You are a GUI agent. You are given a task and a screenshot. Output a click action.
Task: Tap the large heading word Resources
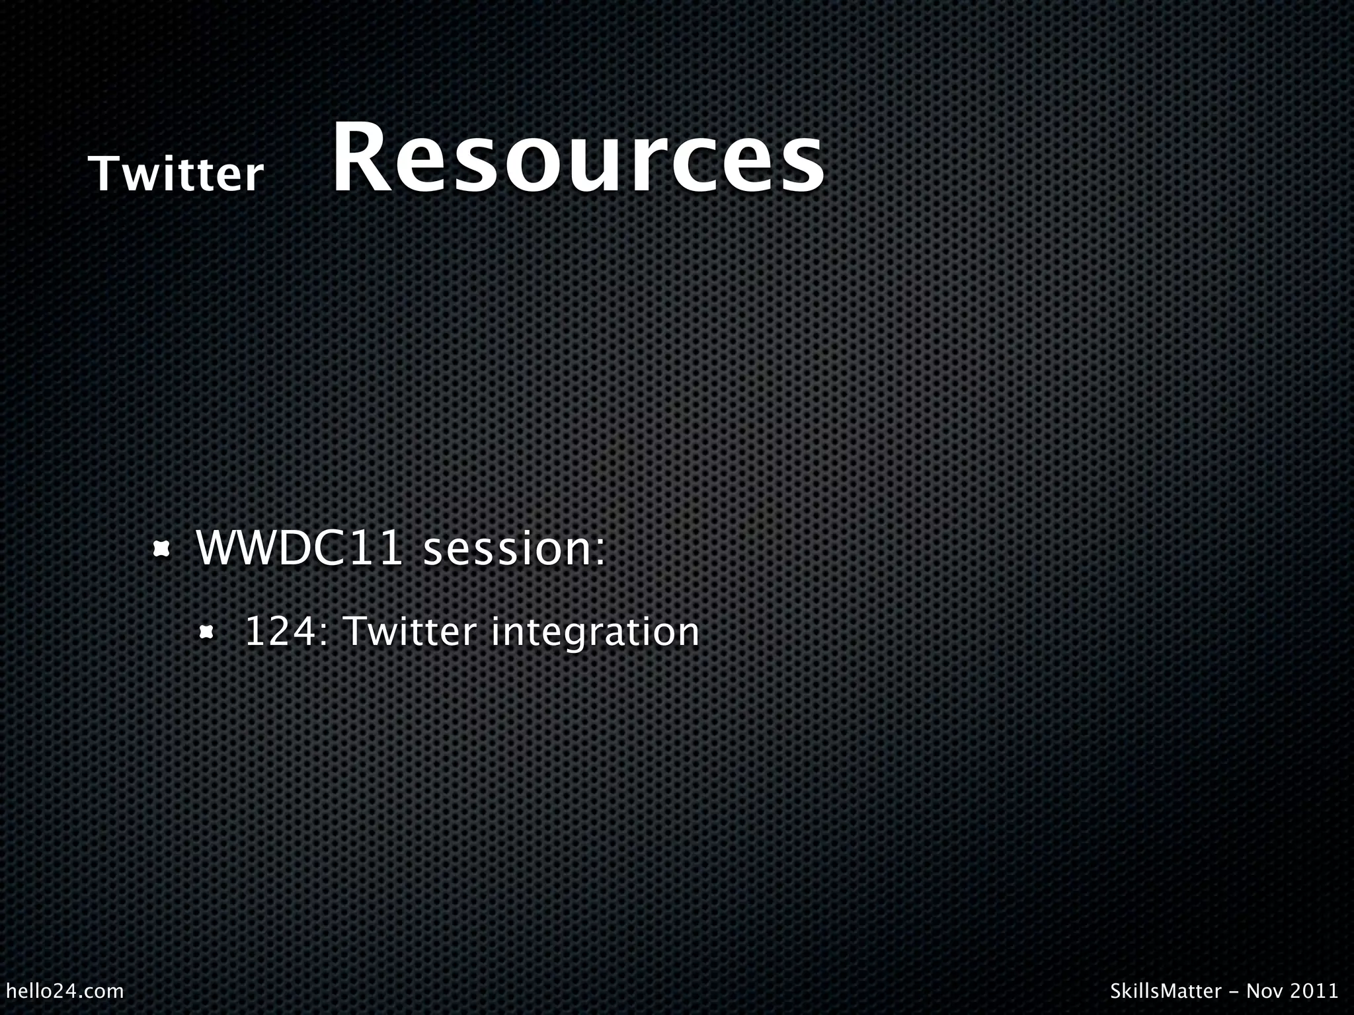pos(578,159)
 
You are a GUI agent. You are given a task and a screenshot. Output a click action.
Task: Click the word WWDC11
pos(299,548)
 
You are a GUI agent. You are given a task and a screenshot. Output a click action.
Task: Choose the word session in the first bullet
pos(507,550)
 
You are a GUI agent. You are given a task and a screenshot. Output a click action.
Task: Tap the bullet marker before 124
pos(207,632)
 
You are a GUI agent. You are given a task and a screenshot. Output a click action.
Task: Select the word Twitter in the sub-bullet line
pos(410,631)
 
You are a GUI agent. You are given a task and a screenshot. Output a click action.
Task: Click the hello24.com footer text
pos(64,991)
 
